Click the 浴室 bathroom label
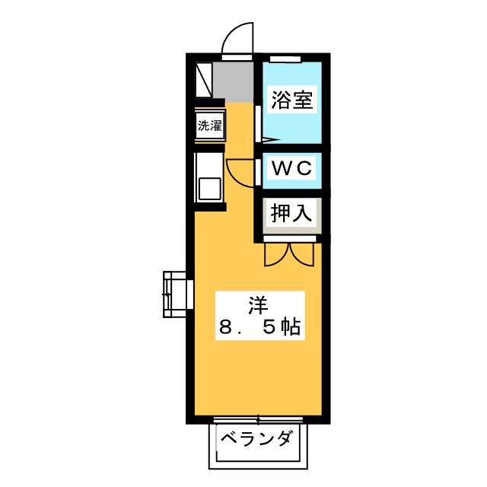[x=292, y=100]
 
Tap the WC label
[x=291, y=168]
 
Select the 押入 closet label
[x=291, y=213]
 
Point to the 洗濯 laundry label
[x=210, y=126]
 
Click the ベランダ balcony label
[x=256, y=438]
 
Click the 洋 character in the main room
[x=258, y=305]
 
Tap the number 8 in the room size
[x=226, y=327]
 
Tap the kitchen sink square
[x=210, y=189]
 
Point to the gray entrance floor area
[x=234, y=82]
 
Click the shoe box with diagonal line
[x=203, y=80]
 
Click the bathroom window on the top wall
[x=285, y=59]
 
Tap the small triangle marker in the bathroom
[x=270, y=140]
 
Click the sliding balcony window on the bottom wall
[x=258, y=420]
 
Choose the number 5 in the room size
[x=269, y=327]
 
